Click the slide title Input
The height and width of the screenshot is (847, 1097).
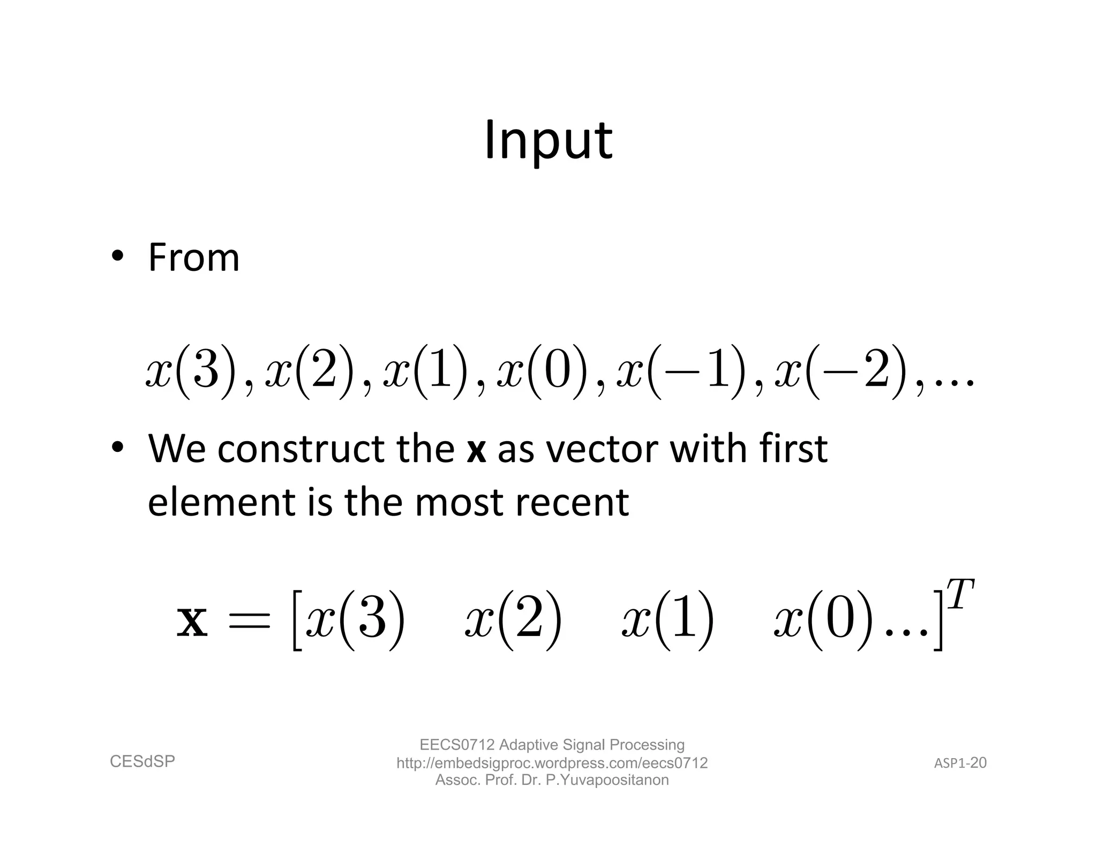pyautogui.click(x=548, y=140)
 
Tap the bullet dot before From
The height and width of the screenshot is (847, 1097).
pyautogui.click(x=117, y=255)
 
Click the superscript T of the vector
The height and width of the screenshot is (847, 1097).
pyautogui.click(x=960, y=594)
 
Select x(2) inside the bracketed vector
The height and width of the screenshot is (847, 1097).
pyautogui.click(x=513, y=621)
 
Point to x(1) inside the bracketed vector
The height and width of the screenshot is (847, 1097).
pyautogui.click(x=667, y=621)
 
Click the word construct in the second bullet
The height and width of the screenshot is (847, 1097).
pyautogui.click(x=300, y=449)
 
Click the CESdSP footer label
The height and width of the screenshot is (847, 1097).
pyautogui.click(x=142, y=761)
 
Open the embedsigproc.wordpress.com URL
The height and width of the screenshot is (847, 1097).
pyautogui.click(x=552, y=763)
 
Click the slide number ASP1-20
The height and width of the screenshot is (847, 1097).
pyautogui.click(x=960, y=763)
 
